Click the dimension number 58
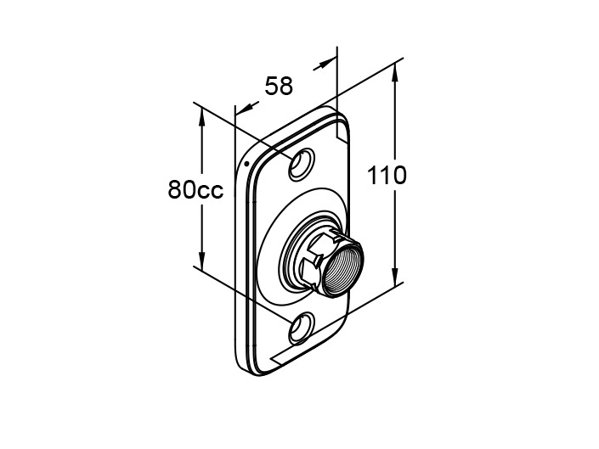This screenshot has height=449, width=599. click(278, 86)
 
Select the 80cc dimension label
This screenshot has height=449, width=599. click(195, 189)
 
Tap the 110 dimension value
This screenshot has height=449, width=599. click(387, 176)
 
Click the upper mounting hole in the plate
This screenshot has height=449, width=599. click(300, 165)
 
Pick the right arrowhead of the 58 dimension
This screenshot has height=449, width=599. click(327, 63)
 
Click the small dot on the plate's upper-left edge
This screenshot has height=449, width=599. click(246, 162)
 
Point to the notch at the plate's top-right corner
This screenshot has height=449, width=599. click(342, 130)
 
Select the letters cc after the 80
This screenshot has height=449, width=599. click(210, 190)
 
